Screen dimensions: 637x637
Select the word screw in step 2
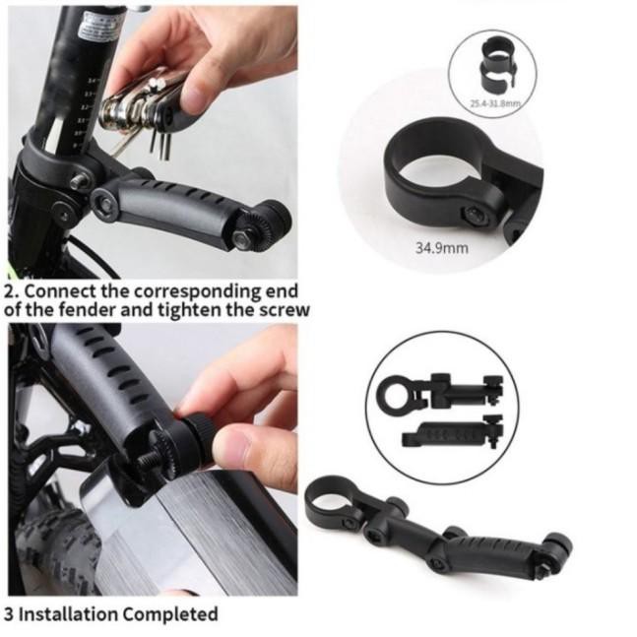coord(285,310)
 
